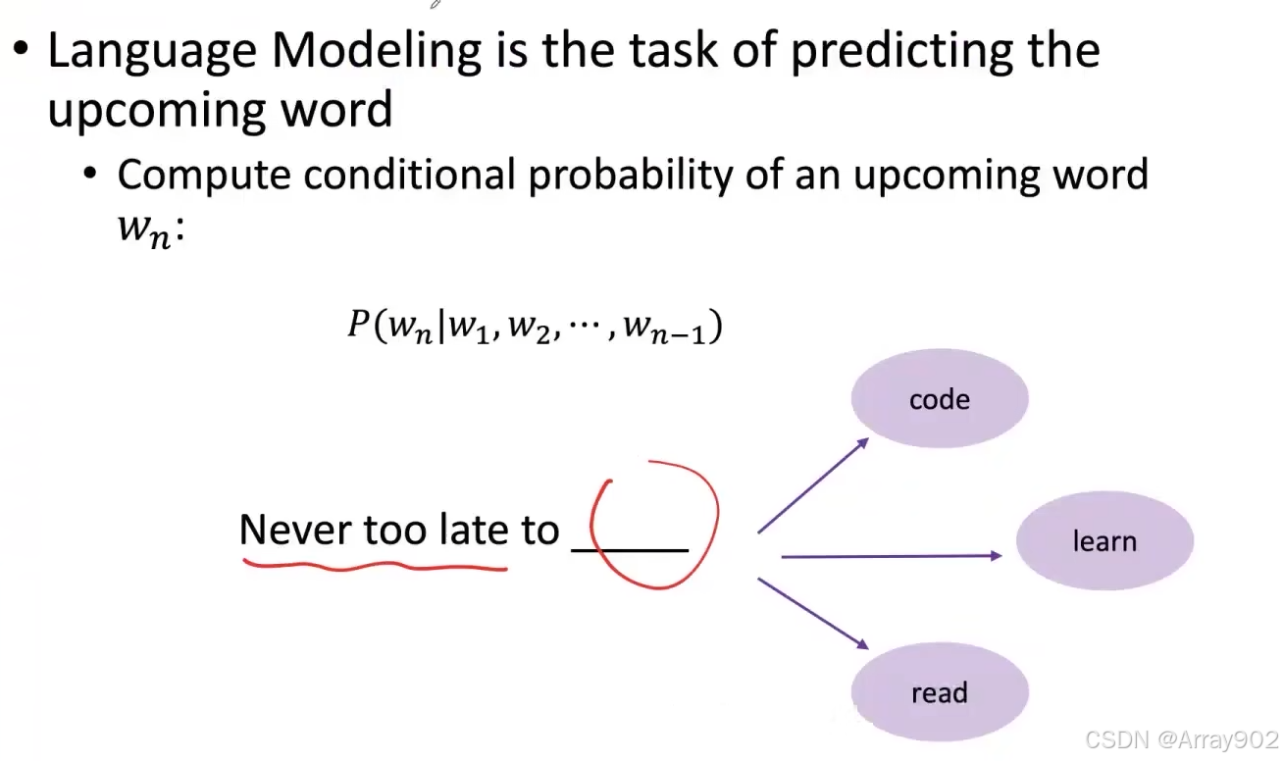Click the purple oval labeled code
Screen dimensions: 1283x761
tap(940, 398)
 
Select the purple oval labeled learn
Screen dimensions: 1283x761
tap(1104, 540)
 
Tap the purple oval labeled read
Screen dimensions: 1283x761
tap(940, 691)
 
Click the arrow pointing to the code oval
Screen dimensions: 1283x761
tap(813, 485)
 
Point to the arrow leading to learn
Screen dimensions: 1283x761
tap(892, 555)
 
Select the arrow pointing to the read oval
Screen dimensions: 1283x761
tap(813, 614)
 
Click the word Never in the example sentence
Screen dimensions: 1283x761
tap(295, 530)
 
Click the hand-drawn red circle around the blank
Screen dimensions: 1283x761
tap(716, 521)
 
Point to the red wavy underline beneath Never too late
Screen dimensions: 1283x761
tap(375, 566)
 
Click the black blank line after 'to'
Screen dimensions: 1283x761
tap(630, 550)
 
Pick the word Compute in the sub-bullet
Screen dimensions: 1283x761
tap(204, 176)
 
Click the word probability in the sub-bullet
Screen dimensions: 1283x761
tap(630, 176)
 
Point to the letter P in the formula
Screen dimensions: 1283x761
tap(359, 323)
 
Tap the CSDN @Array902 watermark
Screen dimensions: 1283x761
tap(1182, 739)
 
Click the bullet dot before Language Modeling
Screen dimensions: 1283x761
tap(21, 48)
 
